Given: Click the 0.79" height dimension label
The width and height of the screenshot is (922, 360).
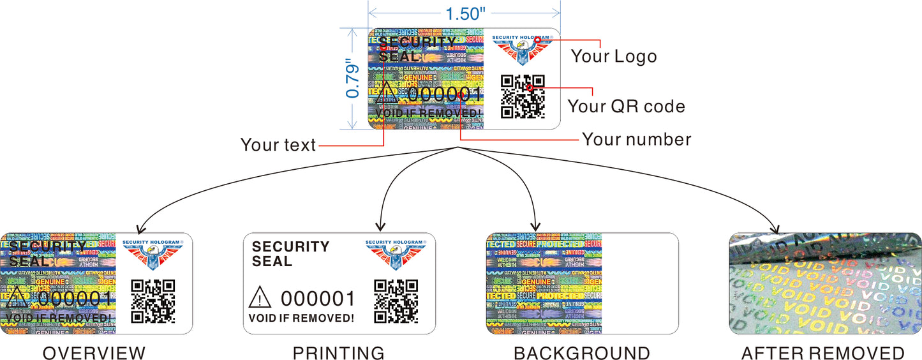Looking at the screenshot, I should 352,79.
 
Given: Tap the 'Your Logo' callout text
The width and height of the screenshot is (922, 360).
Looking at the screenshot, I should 613,56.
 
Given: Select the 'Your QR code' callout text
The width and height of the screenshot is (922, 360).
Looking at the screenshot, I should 626,105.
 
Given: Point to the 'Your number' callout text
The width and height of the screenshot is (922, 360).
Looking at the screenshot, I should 636,139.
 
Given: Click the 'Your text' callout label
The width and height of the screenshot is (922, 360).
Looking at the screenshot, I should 278,145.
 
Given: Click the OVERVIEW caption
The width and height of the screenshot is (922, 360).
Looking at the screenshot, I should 94,353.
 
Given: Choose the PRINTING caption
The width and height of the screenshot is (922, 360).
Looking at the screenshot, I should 338,353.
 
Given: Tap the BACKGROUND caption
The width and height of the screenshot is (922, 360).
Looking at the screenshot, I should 581,353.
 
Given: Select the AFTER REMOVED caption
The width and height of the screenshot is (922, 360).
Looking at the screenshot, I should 822,353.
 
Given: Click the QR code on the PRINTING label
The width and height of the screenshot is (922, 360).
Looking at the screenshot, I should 396,301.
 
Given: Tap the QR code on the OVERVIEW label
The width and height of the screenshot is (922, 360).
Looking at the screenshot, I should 153,301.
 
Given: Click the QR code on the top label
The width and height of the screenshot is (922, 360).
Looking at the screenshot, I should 523,96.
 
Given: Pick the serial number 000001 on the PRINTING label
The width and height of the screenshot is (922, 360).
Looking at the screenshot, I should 318,298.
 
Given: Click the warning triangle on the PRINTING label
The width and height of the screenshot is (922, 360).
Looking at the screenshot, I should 260,297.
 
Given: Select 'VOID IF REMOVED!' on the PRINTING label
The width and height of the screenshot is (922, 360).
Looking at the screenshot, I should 301,318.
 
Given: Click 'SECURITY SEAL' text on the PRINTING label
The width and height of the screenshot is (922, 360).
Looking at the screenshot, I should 290,254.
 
